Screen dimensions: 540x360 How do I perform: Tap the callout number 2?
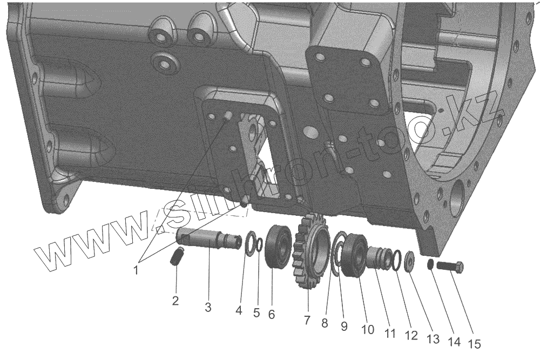click(175, 301)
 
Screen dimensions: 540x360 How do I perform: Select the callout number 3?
click(208, 307)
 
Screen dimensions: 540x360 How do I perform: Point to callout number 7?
click(307, 320)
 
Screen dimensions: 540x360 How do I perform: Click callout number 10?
click(368, 329)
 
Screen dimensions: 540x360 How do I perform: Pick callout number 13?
click(433, 338)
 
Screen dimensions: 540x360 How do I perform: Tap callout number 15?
click(474, 343)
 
